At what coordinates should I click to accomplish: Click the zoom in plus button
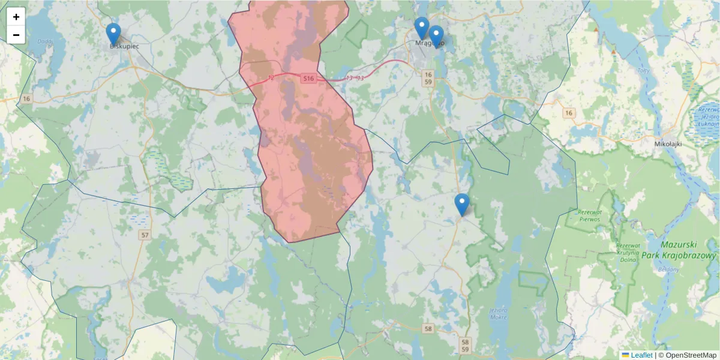[x=16, y=17]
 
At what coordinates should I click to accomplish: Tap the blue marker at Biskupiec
[x=113, y=34]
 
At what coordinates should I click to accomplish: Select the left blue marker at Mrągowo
[x=422, y=28]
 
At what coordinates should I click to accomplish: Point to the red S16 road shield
[x=308, y=79]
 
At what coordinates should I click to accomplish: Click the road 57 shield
[x=144, y=235]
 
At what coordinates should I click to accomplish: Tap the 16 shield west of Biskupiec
[x=26, y=98]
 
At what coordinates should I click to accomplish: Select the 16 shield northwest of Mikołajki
[x=569, y=113]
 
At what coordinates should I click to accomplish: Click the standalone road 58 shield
[x=428, y=328]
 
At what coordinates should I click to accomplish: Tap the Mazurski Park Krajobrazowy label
[x=688, y=250]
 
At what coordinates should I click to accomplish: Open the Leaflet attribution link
[x=641, y=355]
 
